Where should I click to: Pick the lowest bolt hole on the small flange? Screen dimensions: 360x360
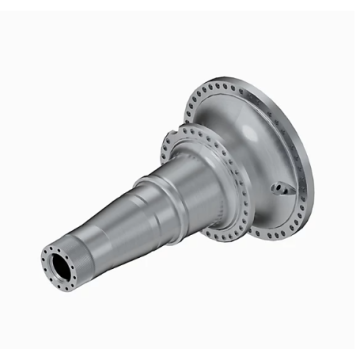click(219, 237)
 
